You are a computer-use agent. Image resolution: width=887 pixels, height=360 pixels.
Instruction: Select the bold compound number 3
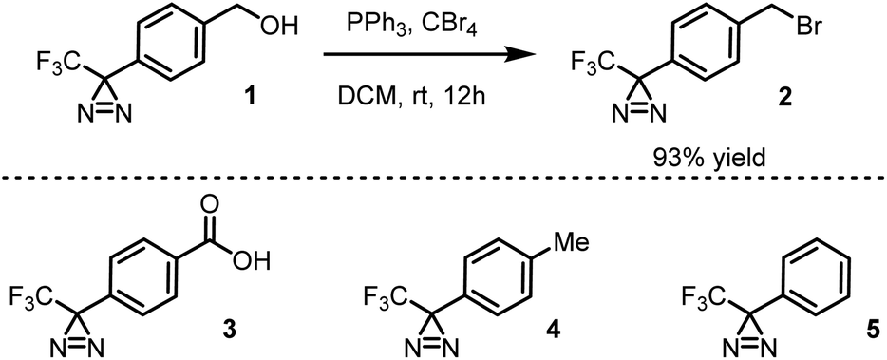pyautogui.click(x=226, y=329)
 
